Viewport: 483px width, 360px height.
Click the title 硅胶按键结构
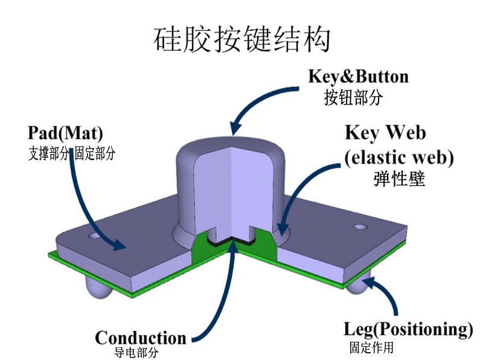[242, 40]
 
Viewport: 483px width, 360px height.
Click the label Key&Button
[358, 77]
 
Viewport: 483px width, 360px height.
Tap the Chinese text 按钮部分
[353, 97]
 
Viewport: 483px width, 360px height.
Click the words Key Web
[385, 133]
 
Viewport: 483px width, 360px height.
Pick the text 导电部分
[136, 353]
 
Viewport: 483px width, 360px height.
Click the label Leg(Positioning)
[408, 330]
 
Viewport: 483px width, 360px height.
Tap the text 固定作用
[371, 347]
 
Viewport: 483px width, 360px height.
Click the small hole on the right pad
[360, 227]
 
